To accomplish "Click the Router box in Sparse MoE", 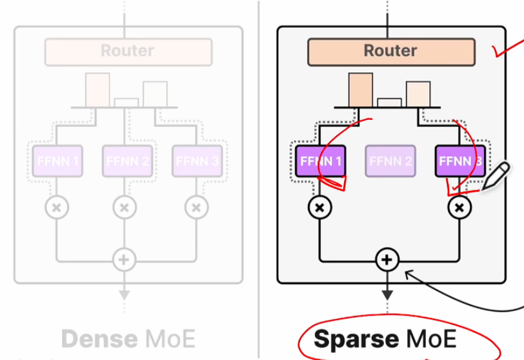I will point(391,51).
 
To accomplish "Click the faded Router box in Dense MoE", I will point(128,51).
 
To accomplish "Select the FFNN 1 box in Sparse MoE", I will point(321,161).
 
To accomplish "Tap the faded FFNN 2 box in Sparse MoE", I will point(390,161).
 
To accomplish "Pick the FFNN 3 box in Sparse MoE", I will point(459,161).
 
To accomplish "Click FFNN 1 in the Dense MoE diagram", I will point(57,161).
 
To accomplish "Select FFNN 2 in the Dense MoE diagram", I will point(127,161).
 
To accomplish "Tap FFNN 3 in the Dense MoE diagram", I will point(197,161).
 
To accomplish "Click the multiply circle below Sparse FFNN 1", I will point(319,208).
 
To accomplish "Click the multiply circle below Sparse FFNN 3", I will point(459,208).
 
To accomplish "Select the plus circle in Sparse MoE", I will point(387,260).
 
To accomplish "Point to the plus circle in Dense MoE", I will point(124,260).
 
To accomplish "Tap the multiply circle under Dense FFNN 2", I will point(125,208).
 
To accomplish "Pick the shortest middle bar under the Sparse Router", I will point(389,102).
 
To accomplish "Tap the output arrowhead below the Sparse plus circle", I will point(387,295).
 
